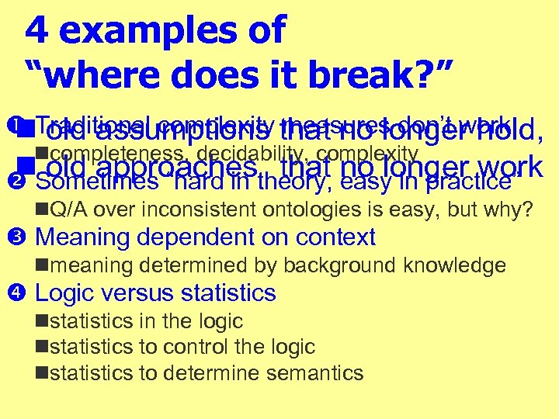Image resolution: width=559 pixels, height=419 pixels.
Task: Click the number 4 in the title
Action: coord(36,30)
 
